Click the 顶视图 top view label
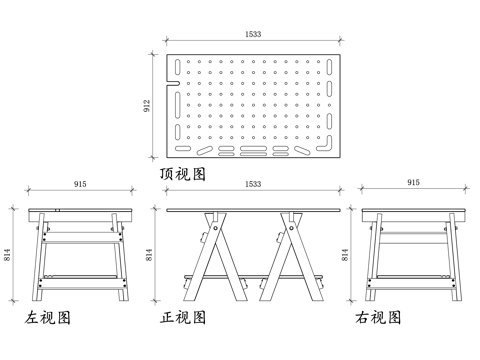(x=183, y=174)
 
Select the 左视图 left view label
(x=47, y=317)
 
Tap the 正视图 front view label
(x=183, y=317)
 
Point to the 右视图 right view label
(x=378, y=317)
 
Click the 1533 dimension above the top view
(x=253, y=34)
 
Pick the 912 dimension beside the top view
(x=147, y=106)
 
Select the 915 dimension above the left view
(x=80, y=184)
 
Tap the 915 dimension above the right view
(x=413, y=182)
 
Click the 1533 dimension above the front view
(x=253, y=184)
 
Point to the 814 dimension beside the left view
(x=7, y=255)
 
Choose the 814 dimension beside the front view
(x=149, y=255)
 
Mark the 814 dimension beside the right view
(x=345, y=255)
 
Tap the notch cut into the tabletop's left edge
(x=173, y=84)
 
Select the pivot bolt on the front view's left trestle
(x=216, y=228)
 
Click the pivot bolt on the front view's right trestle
(x=291, y=228)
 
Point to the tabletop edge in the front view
(x=253, y=210)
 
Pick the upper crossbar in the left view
(x=82, y=237)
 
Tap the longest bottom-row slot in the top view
(x=253, y=148)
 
